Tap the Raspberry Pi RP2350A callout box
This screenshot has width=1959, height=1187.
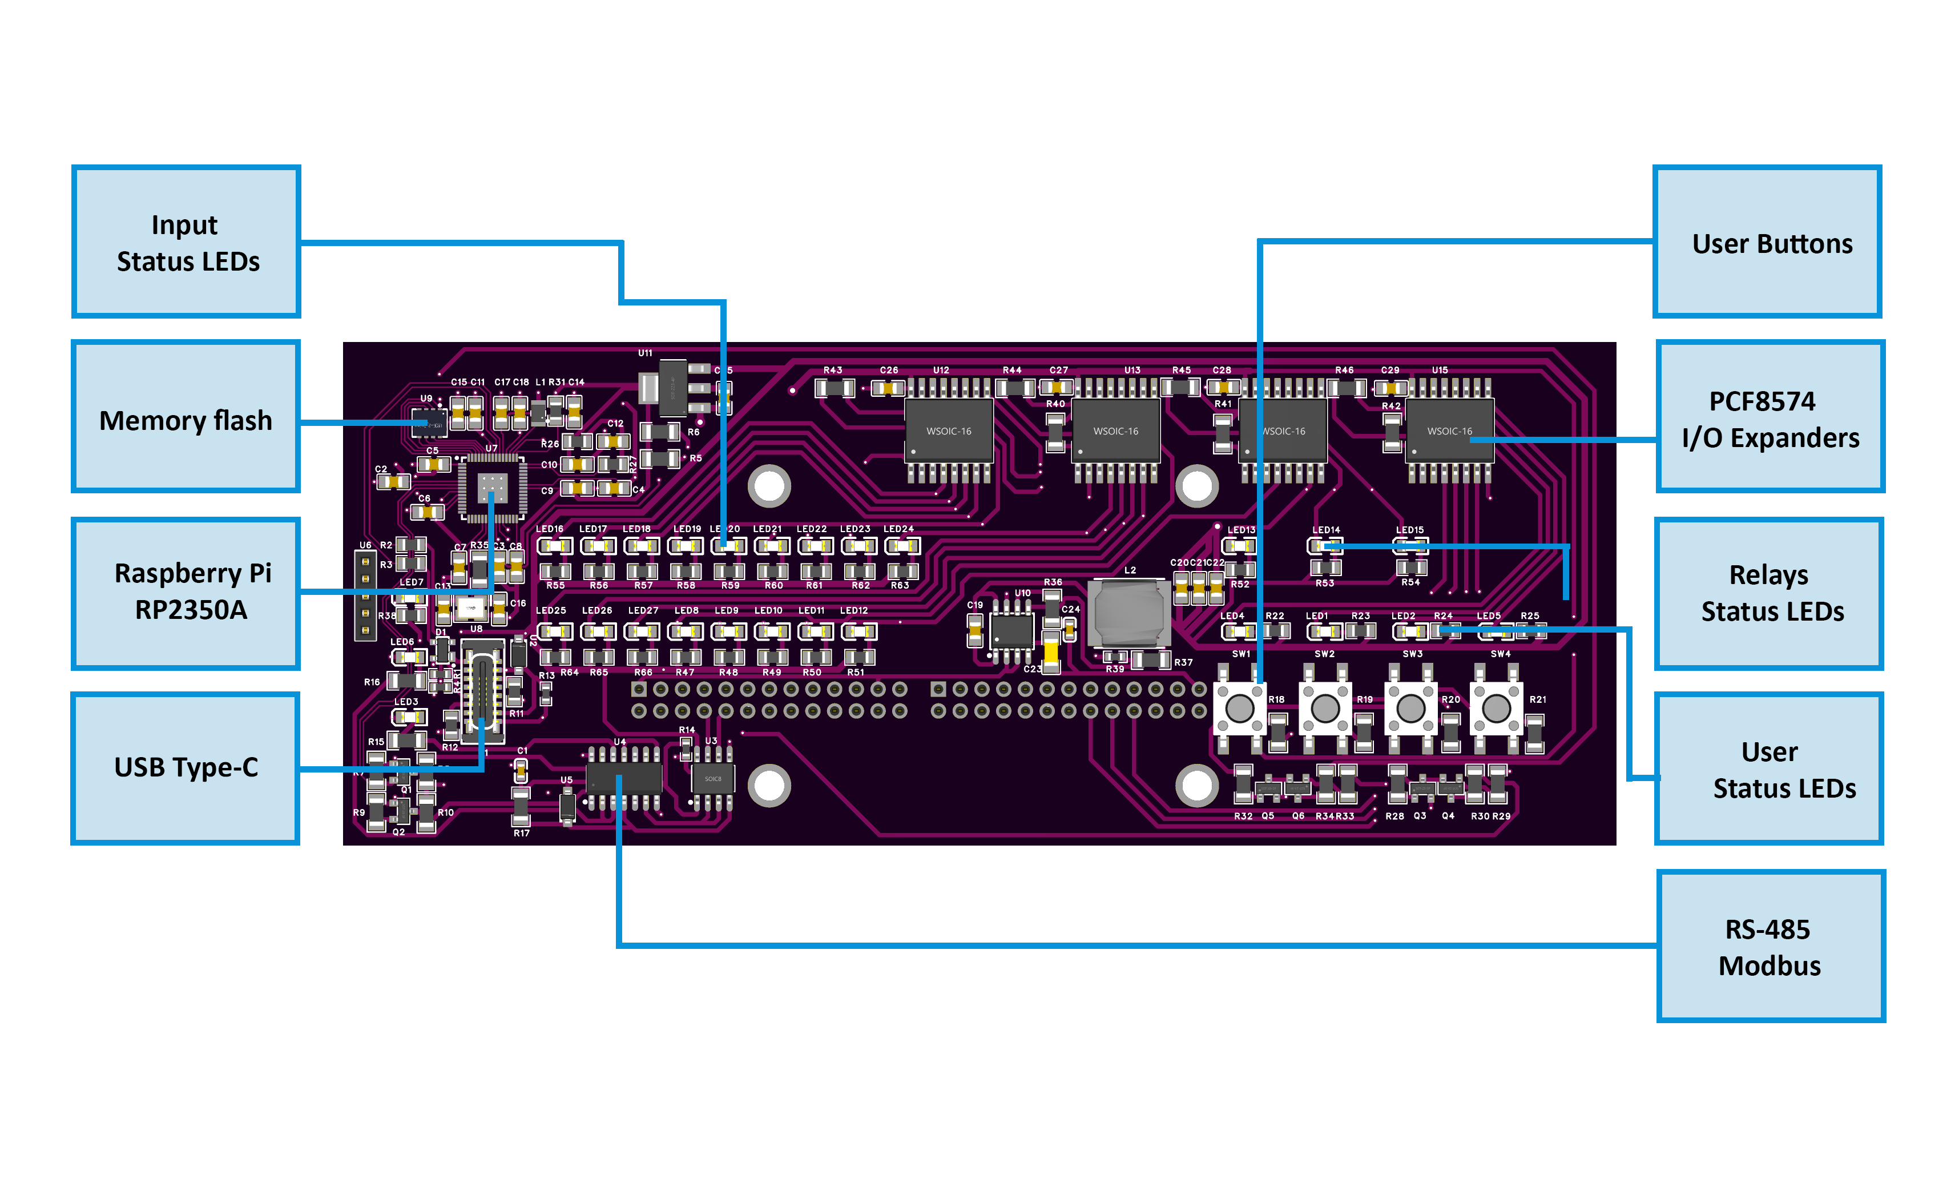click(x=186, y=592)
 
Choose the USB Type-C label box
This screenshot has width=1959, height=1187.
click(x=186, y=767)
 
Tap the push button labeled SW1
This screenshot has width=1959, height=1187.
click(x=1239, y=707)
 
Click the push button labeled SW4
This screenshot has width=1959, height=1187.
click(x=1496, y=707)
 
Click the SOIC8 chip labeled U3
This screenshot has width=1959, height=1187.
click(x=712, y=778)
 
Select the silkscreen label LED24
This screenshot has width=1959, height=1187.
click(x=898, y=529)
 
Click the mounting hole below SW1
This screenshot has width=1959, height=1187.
click(x=1196, y=786)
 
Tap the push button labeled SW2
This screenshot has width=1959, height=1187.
click(x=1324, y=707)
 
